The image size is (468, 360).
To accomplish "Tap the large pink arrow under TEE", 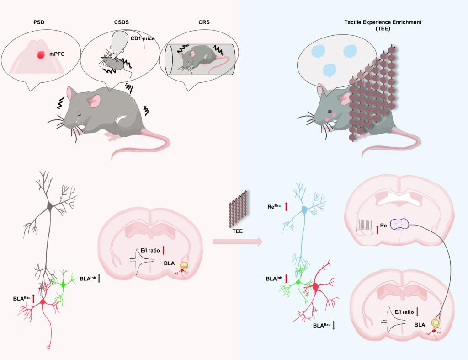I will (x=238, y=241).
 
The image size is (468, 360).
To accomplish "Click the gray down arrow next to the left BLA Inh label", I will (x=99, y=277).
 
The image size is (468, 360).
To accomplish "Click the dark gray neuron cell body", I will (x=49, y=208).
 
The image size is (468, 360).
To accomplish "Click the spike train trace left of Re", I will (x=366, y=226).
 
